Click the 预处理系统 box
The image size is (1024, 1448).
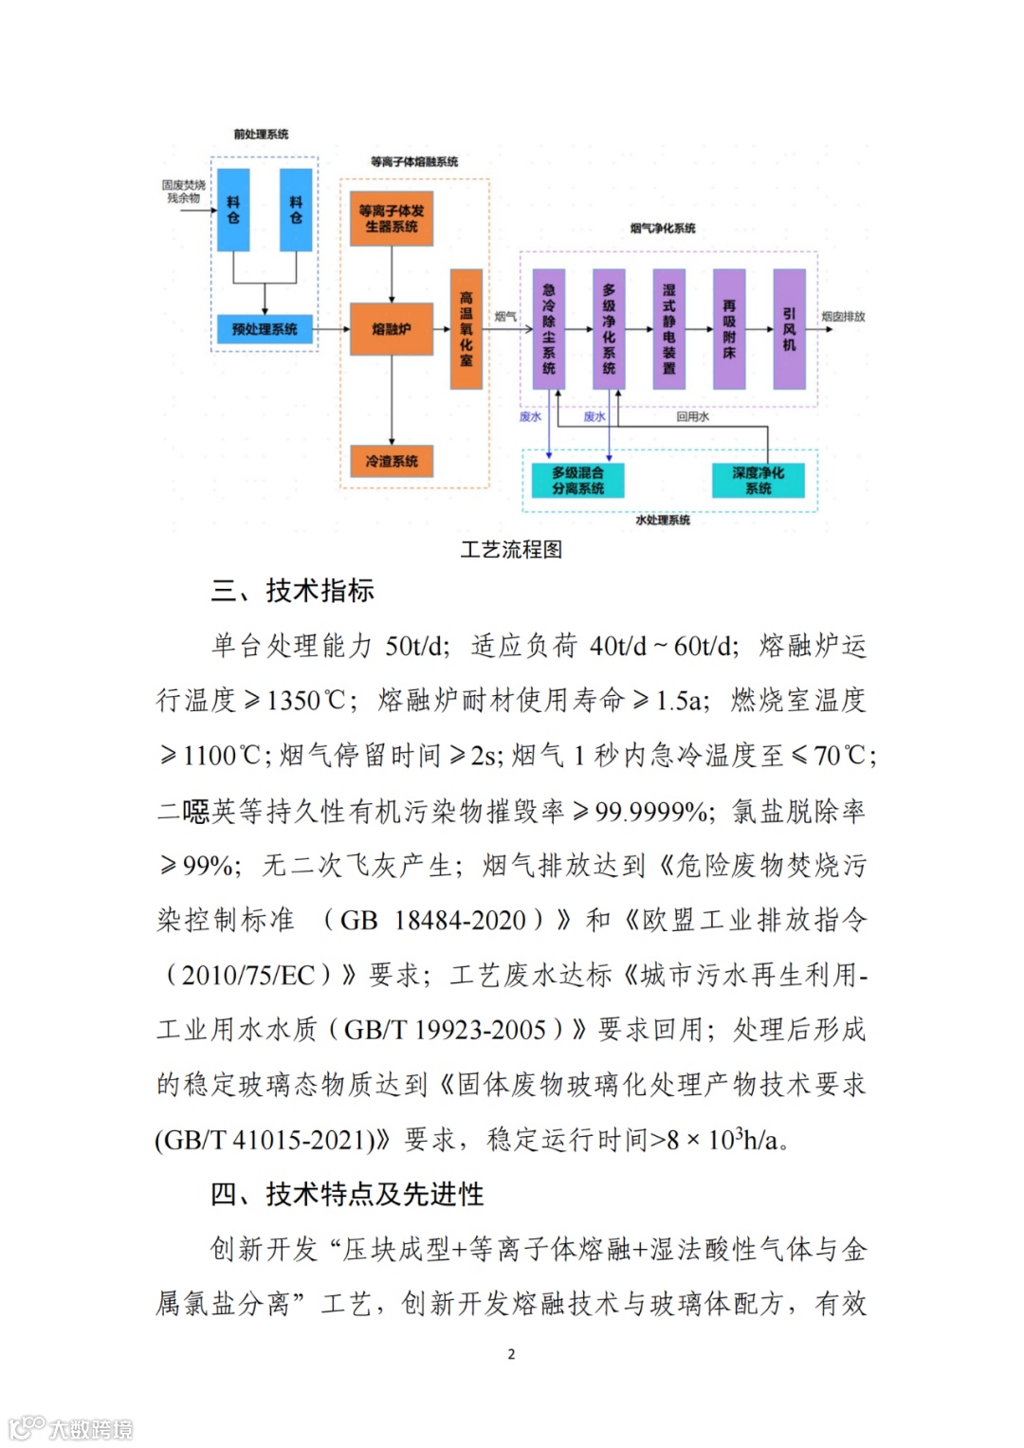265,329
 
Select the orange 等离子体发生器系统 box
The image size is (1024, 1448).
392,219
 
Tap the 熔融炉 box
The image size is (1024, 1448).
392,329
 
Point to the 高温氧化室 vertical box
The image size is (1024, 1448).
466,329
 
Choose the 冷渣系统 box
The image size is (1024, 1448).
392,461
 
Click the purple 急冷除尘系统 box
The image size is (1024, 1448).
549,329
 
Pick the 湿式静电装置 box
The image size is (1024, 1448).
669,329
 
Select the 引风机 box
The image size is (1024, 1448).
789,329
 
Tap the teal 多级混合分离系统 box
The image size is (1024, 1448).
578,480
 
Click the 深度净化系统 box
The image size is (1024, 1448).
758,480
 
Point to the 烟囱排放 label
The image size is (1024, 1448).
843,317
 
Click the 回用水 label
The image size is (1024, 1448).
692,416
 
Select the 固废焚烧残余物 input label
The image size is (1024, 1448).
183,192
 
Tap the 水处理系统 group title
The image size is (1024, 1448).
663,520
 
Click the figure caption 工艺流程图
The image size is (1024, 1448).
511,550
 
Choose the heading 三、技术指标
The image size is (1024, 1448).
293,591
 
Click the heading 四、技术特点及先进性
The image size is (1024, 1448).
347,1194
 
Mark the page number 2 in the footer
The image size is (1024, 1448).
511,1354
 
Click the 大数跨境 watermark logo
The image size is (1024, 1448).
71,1428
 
